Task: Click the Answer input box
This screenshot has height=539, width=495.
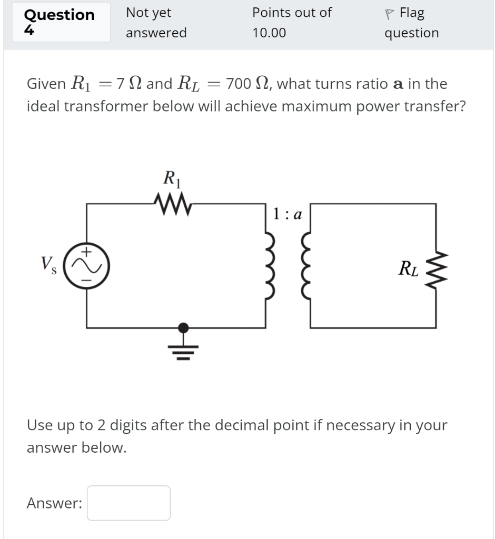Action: point(128,503)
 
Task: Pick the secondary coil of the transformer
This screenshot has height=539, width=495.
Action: point(305,266)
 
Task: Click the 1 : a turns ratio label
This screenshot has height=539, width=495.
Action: point(286,214)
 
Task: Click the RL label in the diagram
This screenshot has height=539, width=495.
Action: point(409,269)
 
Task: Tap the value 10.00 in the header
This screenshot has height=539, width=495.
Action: point(269,33)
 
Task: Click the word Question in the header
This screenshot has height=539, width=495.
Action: point(60,15)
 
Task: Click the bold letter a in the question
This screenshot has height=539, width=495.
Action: point(399,84)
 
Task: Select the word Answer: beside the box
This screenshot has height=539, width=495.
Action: point(54,504)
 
